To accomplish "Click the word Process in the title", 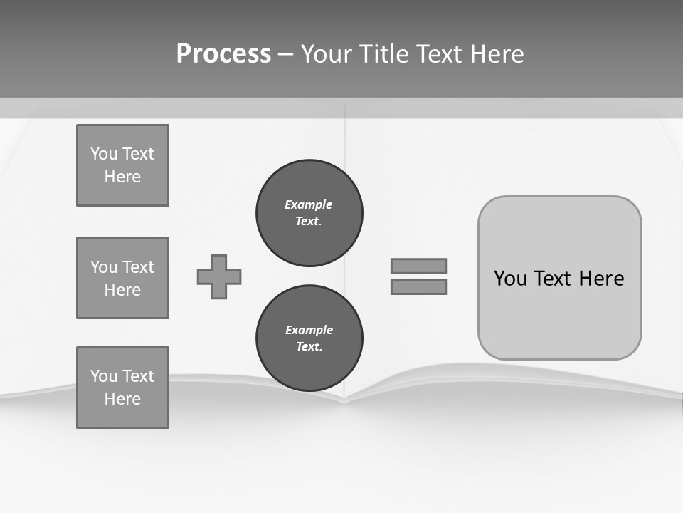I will [223, 54].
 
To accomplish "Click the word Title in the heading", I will [383, 54].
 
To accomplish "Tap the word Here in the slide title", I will [497, 54].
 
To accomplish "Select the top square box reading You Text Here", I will [122, 165].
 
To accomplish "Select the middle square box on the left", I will [122, 278].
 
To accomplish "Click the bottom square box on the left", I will [122, 387].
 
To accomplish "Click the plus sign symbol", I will [219, 276].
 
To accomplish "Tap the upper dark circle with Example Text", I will [309, 213].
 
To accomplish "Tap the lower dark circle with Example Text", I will [309, 338].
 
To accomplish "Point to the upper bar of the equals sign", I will [418, 266].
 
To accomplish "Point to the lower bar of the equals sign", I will [418, 286].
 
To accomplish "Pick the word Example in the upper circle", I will [309, 204].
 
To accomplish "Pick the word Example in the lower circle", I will [309, 330].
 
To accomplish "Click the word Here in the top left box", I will [122, 177].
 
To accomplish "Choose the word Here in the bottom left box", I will [122, 399].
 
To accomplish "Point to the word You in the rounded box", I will [510, 279].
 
